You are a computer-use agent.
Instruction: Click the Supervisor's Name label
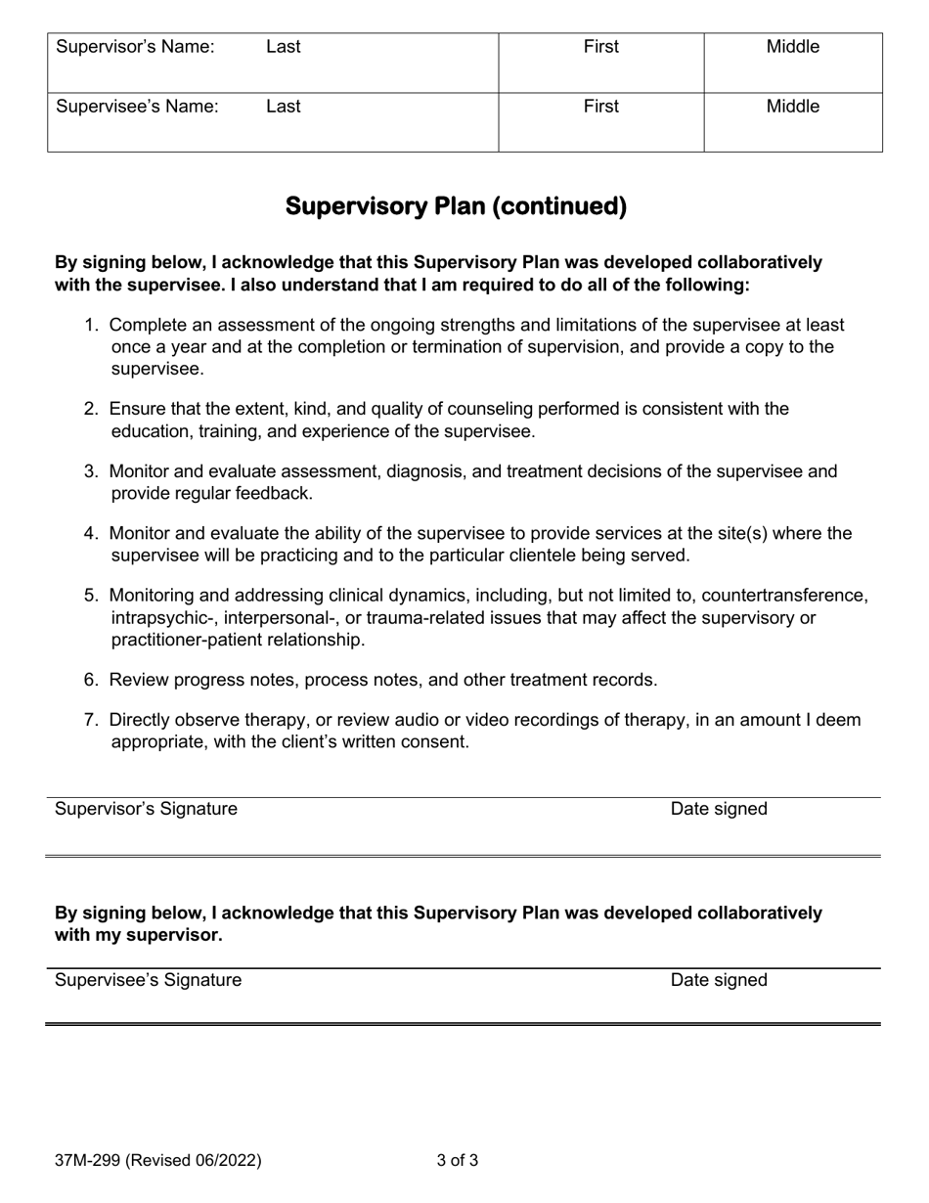[x=135, y=47]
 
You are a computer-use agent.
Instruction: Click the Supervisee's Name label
[x=137, y=107]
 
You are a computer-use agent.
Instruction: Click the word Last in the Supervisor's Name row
[x=284, y=47]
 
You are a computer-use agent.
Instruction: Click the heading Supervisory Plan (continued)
[x=456, y=206]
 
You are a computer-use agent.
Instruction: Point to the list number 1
[x=90, y=325]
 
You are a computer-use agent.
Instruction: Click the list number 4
[x=90, y=533]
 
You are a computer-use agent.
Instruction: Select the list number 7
[x=90, y=720]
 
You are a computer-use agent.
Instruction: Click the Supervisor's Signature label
[x=146, y=809]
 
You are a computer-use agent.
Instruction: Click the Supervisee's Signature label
[x=148, y=980]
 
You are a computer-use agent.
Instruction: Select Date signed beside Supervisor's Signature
[x=719, y=809]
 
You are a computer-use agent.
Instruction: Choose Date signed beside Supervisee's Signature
[x=719, y=980]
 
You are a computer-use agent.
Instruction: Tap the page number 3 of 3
[x=458, y=1162]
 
